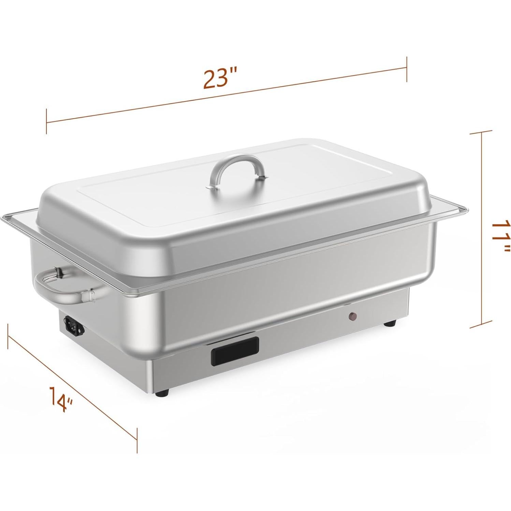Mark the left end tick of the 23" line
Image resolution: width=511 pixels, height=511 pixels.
[46, 121]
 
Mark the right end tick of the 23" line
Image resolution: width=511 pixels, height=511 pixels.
[406, 69]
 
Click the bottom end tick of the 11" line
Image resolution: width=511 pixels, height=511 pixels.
[481, 327]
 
